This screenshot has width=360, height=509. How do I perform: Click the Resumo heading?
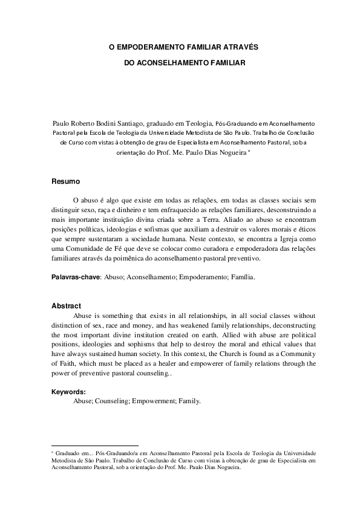[x=64, y=181]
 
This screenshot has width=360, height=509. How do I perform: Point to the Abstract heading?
[x=66, y=306]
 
